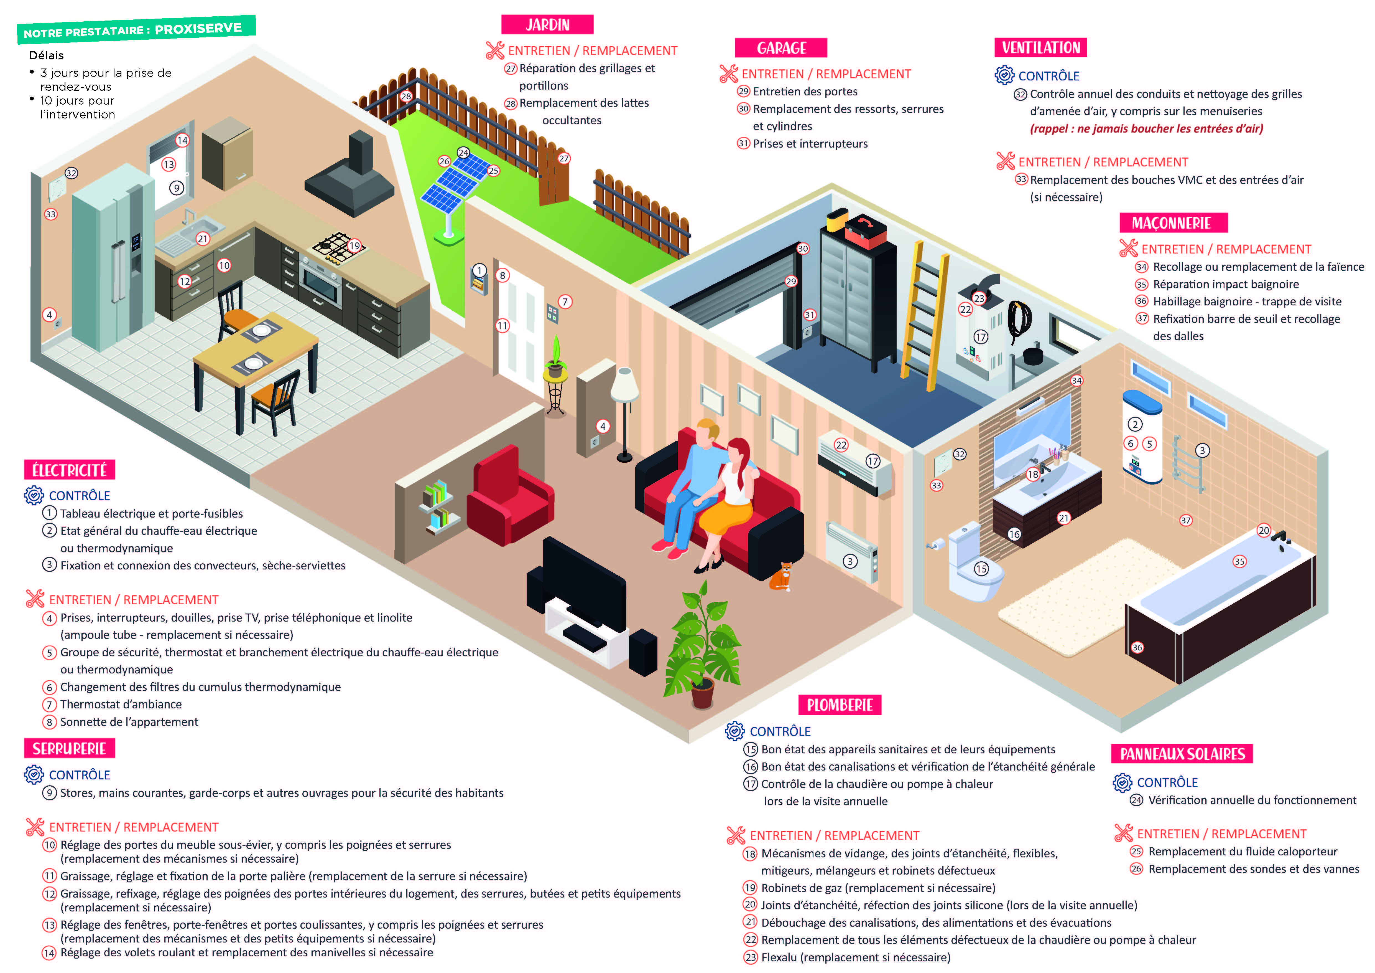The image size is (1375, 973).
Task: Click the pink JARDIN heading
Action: pos(547,25)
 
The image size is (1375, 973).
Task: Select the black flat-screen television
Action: pos(584,575)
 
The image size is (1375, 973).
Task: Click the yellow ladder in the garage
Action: pos(925,315)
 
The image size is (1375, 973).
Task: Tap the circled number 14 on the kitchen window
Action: pos(182,140)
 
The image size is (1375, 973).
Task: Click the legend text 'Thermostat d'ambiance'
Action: pos(121,705)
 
